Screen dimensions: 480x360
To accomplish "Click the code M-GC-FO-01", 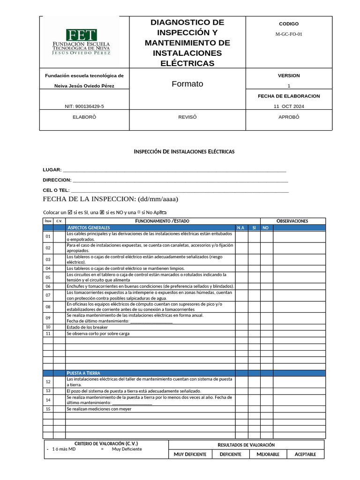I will [289, 34].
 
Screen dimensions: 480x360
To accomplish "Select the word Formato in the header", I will [187, 84].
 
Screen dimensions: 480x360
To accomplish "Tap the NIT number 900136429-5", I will [84, 106].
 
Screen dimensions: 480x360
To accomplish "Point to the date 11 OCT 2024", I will [289, 106].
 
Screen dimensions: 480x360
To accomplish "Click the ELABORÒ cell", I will [84, 117].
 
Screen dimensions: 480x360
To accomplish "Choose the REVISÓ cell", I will [187, 117].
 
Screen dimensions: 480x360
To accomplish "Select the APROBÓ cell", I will [289, 117].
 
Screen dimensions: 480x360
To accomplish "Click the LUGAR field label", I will [52, 170].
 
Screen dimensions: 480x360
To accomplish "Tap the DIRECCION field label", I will [57, 180].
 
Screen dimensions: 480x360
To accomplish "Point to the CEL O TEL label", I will [56, 190].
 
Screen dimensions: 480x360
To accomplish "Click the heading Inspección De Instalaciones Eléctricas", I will [184, 152].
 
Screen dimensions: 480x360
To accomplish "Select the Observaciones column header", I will [292, 221].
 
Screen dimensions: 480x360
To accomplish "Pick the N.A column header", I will [241, 228].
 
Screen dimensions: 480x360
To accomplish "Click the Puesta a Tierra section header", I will [83, 373].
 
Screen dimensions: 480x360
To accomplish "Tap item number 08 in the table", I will [48, 307].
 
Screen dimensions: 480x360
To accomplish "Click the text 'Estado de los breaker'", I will [87, 327].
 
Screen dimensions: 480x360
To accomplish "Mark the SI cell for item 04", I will [254, 269].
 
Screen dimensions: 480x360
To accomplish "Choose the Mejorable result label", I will [268, 454].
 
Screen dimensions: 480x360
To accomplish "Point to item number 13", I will [48, 391].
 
